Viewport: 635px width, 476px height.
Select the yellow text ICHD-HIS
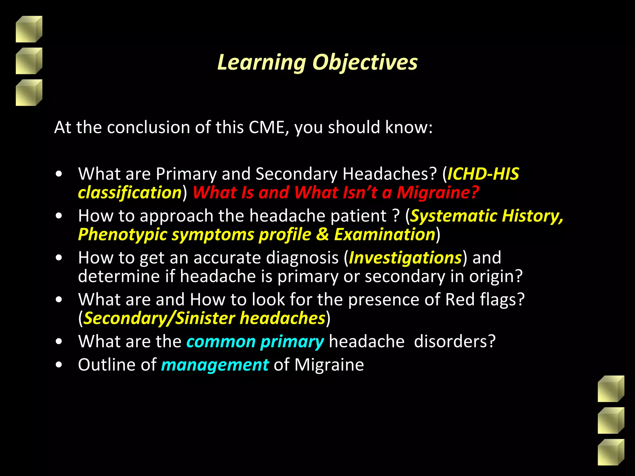(x=483, y=174)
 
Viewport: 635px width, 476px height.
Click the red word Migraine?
(x=438, y=192)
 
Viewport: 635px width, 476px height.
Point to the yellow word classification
(x=130, y=193)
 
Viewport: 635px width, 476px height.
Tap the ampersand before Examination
(x=322, y=235)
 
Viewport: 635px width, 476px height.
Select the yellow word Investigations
(x=405, y=258)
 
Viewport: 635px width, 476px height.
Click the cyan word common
(x=221, y=342)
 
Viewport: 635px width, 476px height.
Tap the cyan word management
(x=215, y=365)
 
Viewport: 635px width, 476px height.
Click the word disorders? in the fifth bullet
(x=455, y=342)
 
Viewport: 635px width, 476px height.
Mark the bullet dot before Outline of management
(x=59, y=365)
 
